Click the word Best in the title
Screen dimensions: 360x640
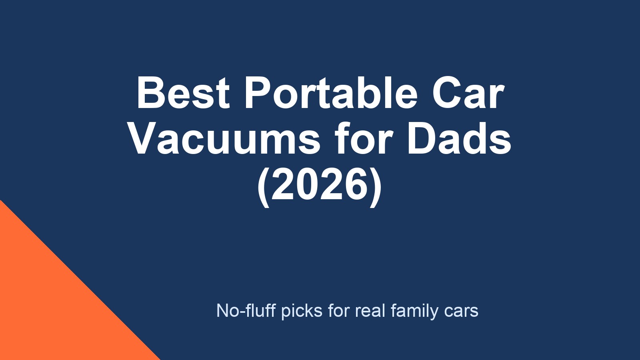coord(183,93)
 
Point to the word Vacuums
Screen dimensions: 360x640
coord(224,139)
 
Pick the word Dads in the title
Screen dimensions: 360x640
coord(459,139)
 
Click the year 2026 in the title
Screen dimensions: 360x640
coord(320,185)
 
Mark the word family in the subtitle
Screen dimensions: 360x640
coord(414,311)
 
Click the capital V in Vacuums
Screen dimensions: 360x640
coord(141,139)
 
